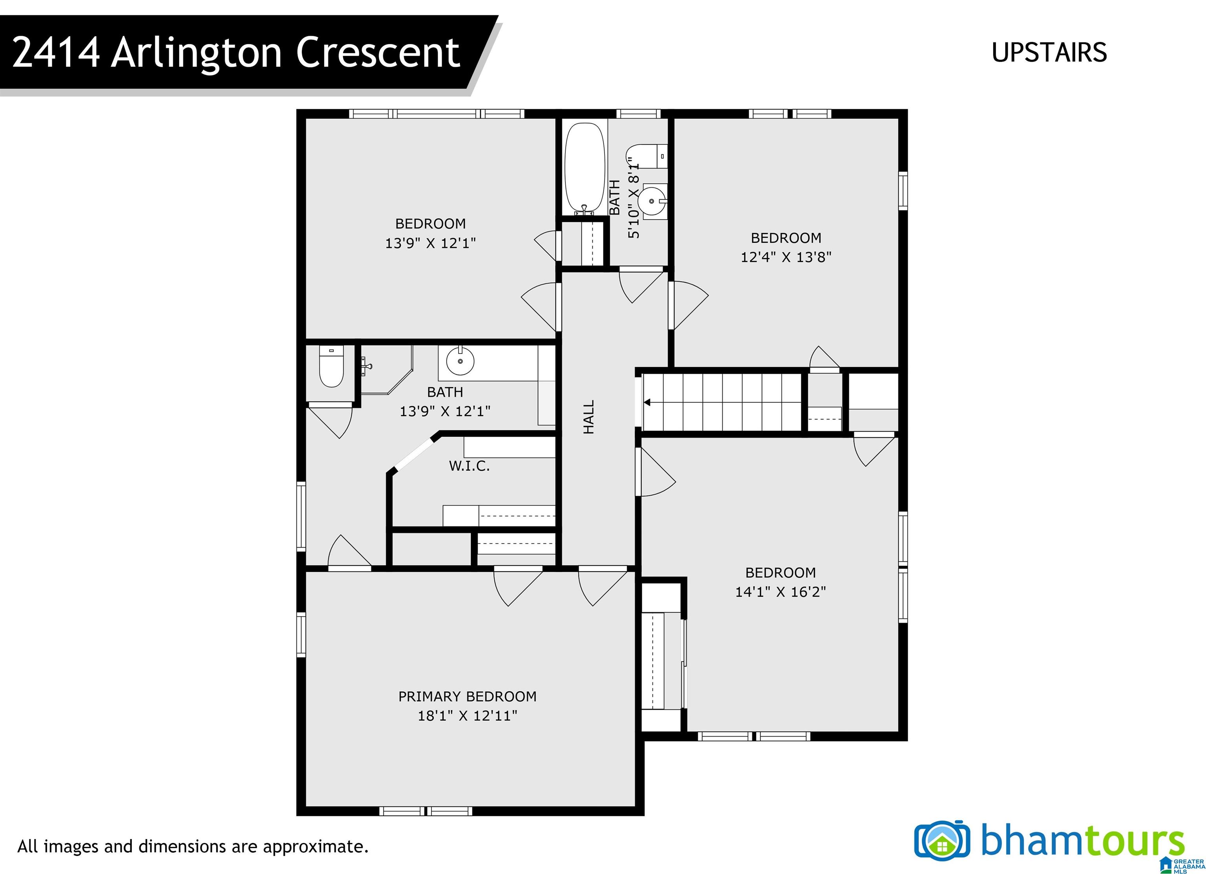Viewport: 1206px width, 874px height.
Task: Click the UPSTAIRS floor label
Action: point(1049,53)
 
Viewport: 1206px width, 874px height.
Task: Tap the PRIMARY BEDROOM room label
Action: point(468,696)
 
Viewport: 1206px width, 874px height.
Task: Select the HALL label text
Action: point(588,417)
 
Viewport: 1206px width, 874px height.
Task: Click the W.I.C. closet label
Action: point(469,466)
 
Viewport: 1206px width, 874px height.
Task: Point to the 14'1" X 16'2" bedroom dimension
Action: point(780,592)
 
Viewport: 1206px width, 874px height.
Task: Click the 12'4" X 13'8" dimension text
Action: point(786,257)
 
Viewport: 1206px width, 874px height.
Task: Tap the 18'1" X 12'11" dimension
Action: point(468,715)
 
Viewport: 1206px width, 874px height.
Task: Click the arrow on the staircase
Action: point(647,402)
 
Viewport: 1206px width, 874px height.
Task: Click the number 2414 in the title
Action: point(56,53)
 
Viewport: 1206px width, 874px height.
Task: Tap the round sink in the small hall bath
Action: point(652,201)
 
